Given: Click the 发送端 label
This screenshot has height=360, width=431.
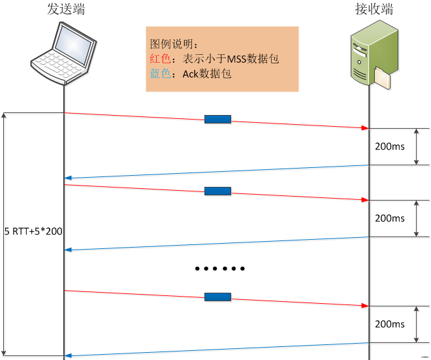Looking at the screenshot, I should point(65,10).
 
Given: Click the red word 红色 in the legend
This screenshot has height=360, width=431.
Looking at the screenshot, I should point(160,59).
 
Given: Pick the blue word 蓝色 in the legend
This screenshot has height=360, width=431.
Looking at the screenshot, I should point(160,74).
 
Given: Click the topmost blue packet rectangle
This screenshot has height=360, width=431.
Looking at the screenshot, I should point(217,119).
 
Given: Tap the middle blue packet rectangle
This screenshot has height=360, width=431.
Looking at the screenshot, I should point(217,191).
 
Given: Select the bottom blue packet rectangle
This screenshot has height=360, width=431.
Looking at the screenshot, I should point(217,297).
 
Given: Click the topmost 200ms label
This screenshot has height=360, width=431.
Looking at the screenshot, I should point(390,146).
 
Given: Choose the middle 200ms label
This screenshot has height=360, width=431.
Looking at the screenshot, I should point(390,218).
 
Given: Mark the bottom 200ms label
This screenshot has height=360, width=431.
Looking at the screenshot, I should point(390,324).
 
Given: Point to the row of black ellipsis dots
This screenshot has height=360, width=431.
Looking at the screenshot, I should point(220,269).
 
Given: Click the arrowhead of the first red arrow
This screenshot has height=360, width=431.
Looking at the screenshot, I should point(366,127).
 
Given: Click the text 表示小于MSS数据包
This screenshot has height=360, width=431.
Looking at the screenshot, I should point(231,59).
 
